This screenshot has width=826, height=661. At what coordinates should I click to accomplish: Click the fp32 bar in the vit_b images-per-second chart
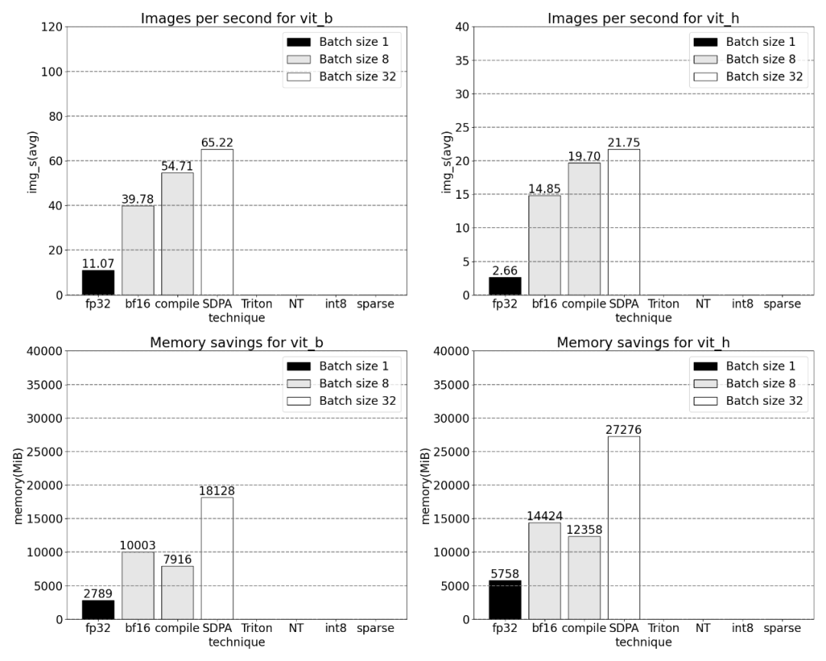98,282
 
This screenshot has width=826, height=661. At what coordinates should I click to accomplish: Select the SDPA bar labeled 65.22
217,222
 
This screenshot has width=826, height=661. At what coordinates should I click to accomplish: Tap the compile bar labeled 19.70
584,229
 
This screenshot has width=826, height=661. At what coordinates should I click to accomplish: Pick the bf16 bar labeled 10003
138,585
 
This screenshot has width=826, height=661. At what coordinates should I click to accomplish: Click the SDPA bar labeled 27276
624,527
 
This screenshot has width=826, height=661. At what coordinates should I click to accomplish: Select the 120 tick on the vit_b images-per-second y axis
51,28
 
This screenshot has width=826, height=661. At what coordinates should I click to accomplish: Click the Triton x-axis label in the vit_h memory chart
664,629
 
